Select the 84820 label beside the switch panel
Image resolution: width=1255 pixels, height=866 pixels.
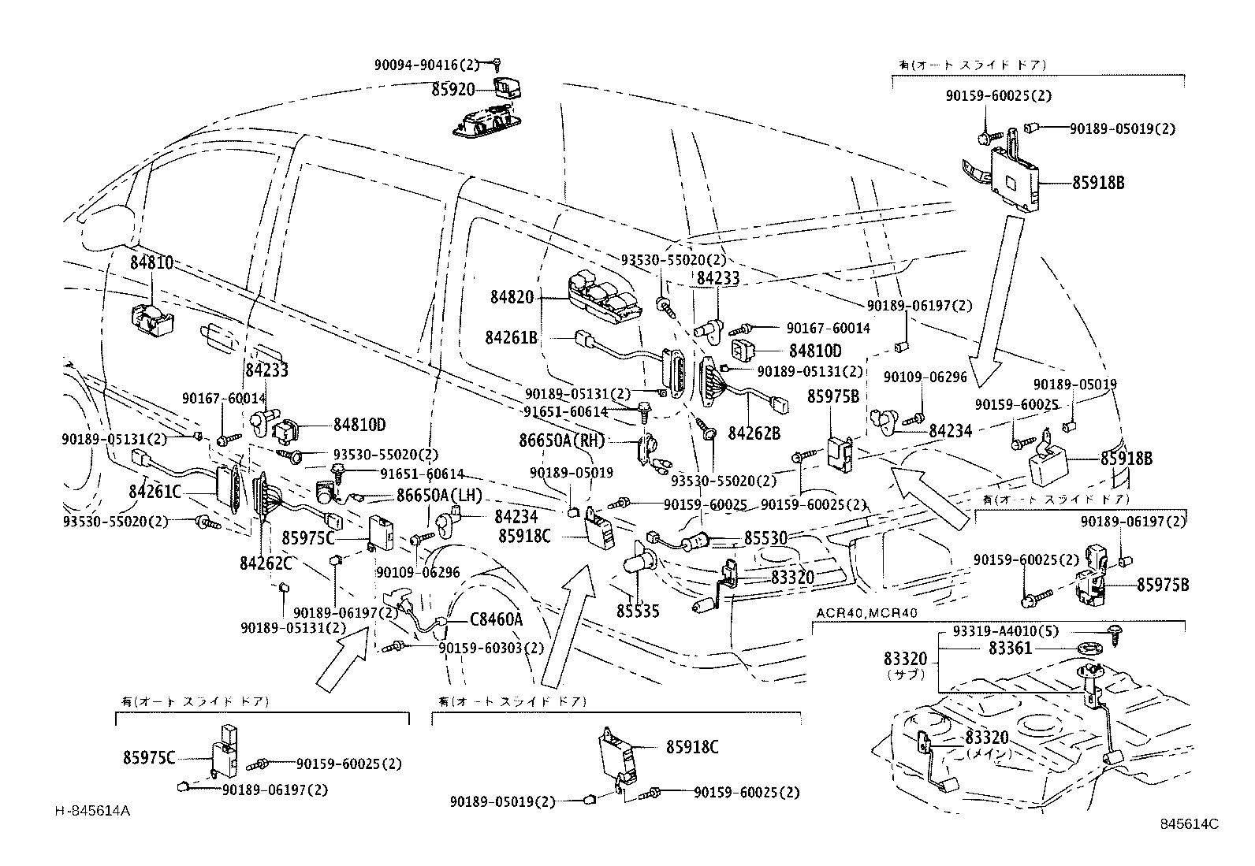[x=512, y=297]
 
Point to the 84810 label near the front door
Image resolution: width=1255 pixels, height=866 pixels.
[x=151, y=263]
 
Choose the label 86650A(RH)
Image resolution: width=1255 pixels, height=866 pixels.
[x=561, y=440]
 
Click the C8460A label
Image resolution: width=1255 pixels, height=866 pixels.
[x=497, y=619]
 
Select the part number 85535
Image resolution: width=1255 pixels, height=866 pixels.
[x=638, y=611]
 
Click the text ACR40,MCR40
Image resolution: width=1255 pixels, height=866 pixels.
[x=867, y=612]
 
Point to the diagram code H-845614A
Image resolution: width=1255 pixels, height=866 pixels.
[x=93, y=811]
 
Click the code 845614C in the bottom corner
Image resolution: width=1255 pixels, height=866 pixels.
[x=1189, y=824]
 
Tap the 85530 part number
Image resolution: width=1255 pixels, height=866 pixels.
[x=765, y=537]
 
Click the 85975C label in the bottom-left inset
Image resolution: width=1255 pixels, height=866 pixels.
[x=149, y=758]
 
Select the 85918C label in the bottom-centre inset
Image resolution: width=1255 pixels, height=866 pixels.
[x=692, y=747]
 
